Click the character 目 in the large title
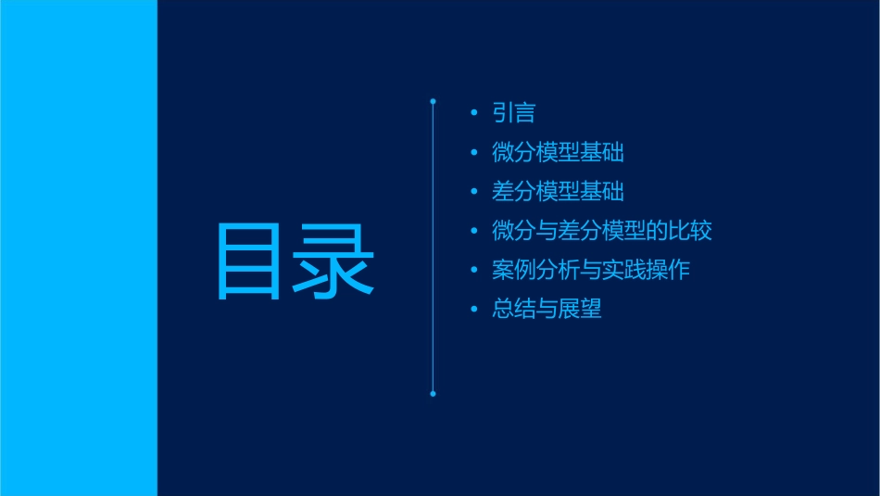pyautogui.click(x=249, y=262)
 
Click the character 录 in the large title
pyautogui.click(x=335, y=262)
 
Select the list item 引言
pyautogui.click(x=514, y=113)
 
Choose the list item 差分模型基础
pyautogui.click(x=558, y=191)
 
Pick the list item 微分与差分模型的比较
pyautogui.click(x=602, y=230)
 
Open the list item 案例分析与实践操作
pyautogui.click(x=591, y=270)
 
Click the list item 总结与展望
pyautogui.click(x=547, y=309)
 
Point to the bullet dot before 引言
pyautogui.click(x=474, y=114)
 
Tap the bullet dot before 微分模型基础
pyautogui.click(x=474, y=153)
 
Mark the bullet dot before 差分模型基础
pyautogui.click(x=474, y=192)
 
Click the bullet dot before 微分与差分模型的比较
pyautogui.click(x=474, y=231)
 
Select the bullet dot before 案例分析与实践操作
pyautogui.click(x=474, y=271)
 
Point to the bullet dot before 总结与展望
pyautogui.click(x=474, y=310)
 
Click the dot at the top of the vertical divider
pyautogui.click(x=433, y=99)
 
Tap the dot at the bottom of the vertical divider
pyautogui.click(x=433, y=394)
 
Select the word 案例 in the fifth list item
pyautogui.click(x=514, y=270)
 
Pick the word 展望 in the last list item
pyautogui.click(x=580, y=309)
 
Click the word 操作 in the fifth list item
pyautogui.click(x=668, y=270)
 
